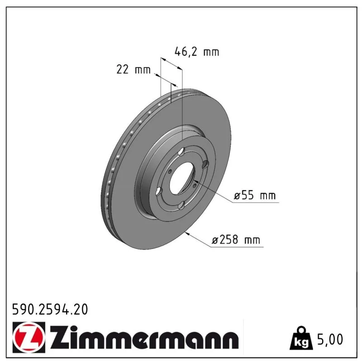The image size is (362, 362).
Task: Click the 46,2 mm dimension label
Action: [197, 52]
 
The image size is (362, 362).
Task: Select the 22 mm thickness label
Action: [133, 69]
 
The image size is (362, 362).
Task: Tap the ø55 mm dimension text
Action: [255, 195]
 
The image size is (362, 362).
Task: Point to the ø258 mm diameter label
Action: [236, 240]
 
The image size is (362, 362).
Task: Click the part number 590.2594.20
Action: [50, 310]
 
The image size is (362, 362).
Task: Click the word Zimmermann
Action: [144, 337]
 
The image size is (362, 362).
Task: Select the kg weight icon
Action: [301, 338]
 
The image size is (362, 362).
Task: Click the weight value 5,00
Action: [330, 339]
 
